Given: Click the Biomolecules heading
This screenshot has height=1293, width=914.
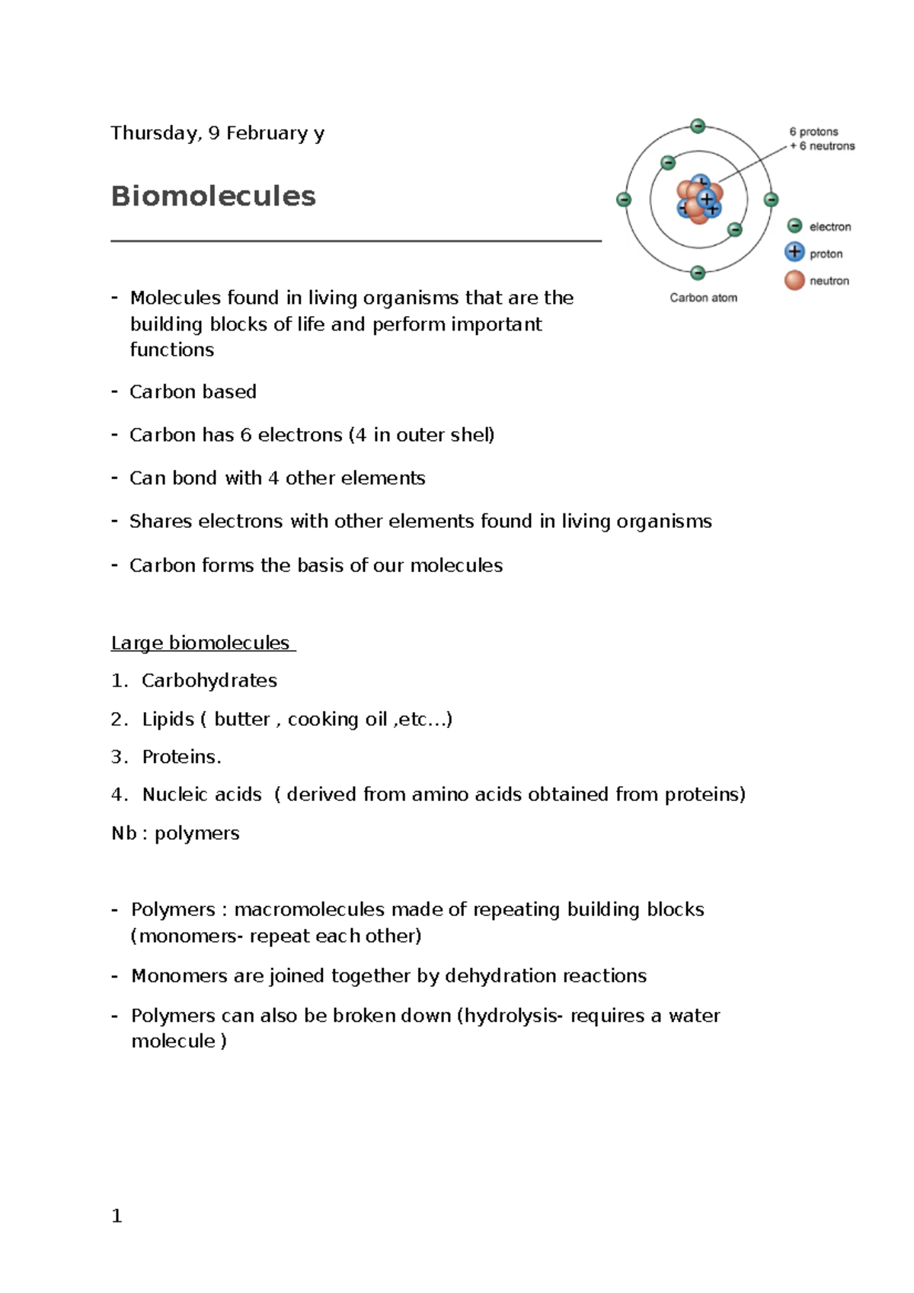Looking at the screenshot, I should click(213, 196).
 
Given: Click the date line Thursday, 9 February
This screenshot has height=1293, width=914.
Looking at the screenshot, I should click(217, 133).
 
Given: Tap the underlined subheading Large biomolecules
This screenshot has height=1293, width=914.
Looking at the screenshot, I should click(200, 643).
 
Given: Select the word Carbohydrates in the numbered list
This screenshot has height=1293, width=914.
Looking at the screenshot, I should click(209, 681).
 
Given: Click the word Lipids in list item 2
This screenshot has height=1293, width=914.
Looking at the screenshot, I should click(168, 720).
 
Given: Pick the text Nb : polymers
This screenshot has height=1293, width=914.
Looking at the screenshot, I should click(175, 834).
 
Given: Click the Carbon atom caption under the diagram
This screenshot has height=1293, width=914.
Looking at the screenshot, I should click(703, 298).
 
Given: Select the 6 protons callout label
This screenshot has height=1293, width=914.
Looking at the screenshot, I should click(813, 132).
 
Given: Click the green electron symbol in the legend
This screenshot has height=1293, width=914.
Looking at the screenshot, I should click(794, 226).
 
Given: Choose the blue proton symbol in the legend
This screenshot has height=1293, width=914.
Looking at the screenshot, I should click(794, 252).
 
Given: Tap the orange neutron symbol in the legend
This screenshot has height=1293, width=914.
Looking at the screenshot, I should click(794, 280).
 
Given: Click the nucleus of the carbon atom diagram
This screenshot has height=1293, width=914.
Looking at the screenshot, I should click(699, 200).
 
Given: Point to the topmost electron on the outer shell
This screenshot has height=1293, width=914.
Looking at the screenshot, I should click(698, 126).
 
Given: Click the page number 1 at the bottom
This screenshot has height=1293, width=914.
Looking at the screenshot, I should click(117, 1216).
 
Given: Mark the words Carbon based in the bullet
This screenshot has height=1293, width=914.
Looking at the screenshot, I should click(193, 392).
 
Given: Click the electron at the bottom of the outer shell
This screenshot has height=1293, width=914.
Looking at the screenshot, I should click(698, 273).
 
